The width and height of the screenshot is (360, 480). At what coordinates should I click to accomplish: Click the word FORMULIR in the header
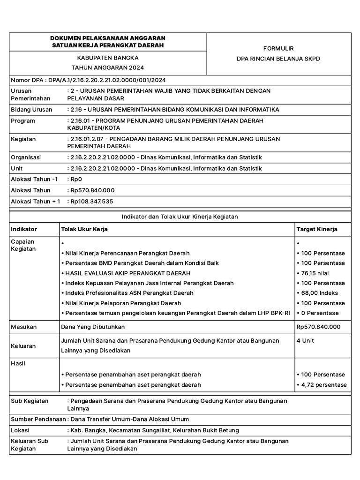click(278, 48)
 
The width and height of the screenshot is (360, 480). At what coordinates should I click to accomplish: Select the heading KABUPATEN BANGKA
click(107, 58)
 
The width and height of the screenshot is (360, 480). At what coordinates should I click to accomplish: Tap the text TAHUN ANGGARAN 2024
click(107, 68)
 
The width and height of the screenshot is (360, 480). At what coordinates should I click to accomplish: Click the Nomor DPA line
click(88, 80)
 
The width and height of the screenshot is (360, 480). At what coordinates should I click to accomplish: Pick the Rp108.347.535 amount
click(91, 201)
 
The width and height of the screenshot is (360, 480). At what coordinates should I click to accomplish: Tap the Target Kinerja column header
click(317, 229)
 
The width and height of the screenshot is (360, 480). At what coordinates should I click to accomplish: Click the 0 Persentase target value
click(317, 313)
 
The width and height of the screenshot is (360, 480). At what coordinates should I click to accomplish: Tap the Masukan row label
click(24, 326)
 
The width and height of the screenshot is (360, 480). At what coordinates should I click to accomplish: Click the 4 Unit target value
click(305, 340)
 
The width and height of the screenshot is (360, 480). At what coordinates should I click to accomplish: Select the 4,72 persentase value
click(322, 385)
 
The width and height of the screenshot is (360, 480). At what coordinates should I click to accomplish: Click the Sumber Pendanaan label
click(37, 419)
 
